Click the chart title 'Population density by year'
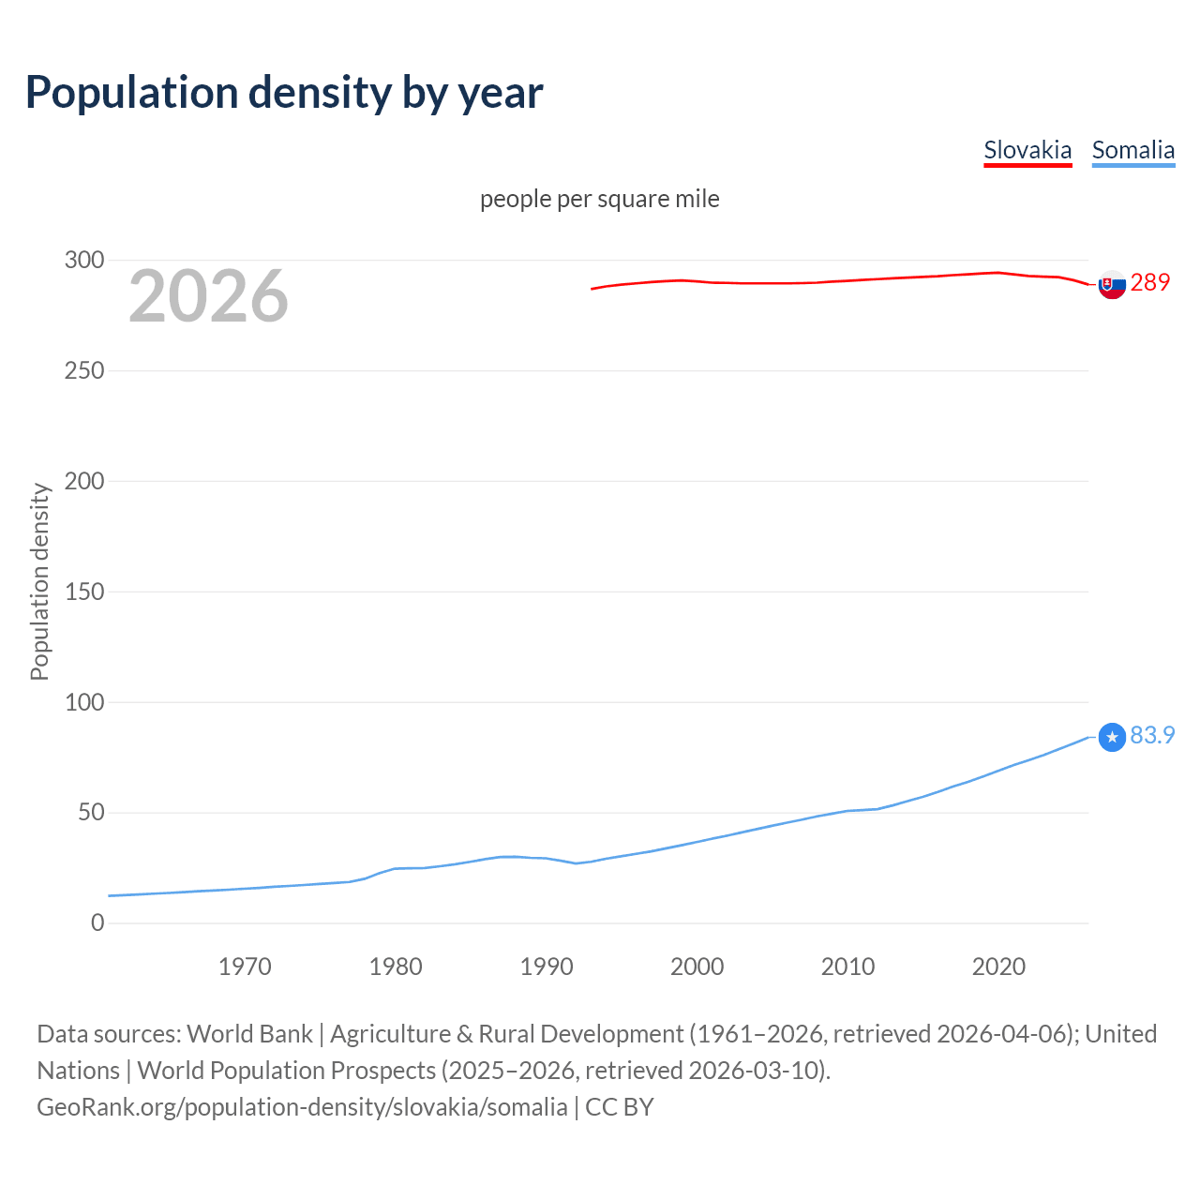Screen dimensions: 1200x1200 (x=284, y=93)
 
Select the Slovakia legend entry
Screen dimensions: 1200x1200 (x=1027, y=150)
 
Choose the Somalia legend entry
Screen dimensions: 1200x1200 (x=1132, y=150)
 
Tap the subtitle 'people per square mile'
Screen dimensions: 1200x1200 (x=599, y=199)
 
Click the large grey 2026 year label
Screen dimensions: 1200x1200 (x=208, y=296)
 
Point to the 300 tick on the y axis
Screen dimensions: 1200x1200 (x=84, y=260)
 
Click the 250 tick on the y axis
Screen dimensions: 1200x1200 (x=84, y=370)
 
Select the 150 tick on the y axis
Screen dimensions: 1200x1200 (x=84, y=592)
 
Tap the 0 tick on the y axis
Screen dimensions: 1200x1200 (x=97, y=922)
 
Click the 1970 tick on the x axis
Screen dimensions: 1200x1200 (x=245, y=967)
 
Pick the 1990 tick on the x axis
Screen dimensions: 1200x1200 (x=547, y=967)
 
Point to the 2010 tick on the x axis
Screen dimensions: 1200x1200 (x=847, y=967)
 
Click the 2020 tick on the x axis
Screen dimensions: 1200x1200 (x=998, y=967)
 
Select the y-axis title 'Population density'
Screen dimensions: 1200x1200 (x=39, y=581)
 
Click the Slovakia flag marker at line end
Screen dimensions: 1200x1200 (x=1112, y=284)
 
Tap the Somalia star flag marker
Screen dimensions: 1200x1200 (x=1112, y=738)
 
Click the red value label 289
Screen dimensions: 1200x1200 (x=1150, y=282)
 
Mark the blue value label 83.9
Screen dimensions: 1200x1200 (x=1152, y=735)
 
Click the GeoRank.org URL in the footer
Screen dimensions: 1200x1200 (x=302, y=1107)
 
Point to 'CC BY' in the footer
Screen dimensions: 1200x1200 (x=620, y=1107)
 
